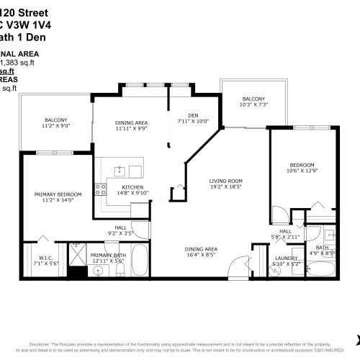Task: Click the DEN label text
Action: coord(192,114)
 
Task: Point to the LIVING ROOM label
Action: coord(225,181)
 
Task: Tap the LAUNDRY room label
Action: coord(287,258)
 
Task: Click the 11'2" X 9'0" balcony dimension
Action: coord(55,126)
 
